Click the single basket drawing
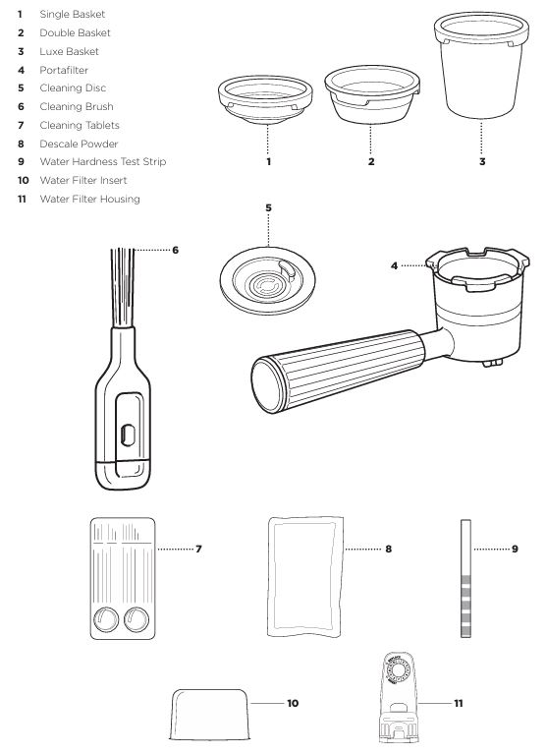265,99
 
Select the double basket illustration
372,94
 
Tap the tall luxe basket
481,65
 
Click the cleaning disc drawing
267,281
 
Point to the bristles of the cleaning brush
123,287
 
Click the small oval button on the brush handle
128,435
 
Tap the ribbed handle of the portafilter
338,370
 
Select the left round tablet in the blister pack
105,619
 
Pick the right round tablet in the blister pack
136,619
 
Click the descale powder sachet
305,577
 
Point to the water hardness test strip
465,578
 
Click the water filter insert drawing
210,714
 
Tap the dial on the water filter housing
399,670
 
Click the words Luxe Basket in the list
70,51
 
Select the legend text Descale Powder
79,144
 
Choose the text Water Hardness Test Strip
103,162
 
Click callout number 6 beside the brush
176,250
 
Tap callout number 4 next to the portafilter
395,265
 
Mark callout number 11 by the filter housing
459,704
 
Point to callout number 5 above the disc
268,208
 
